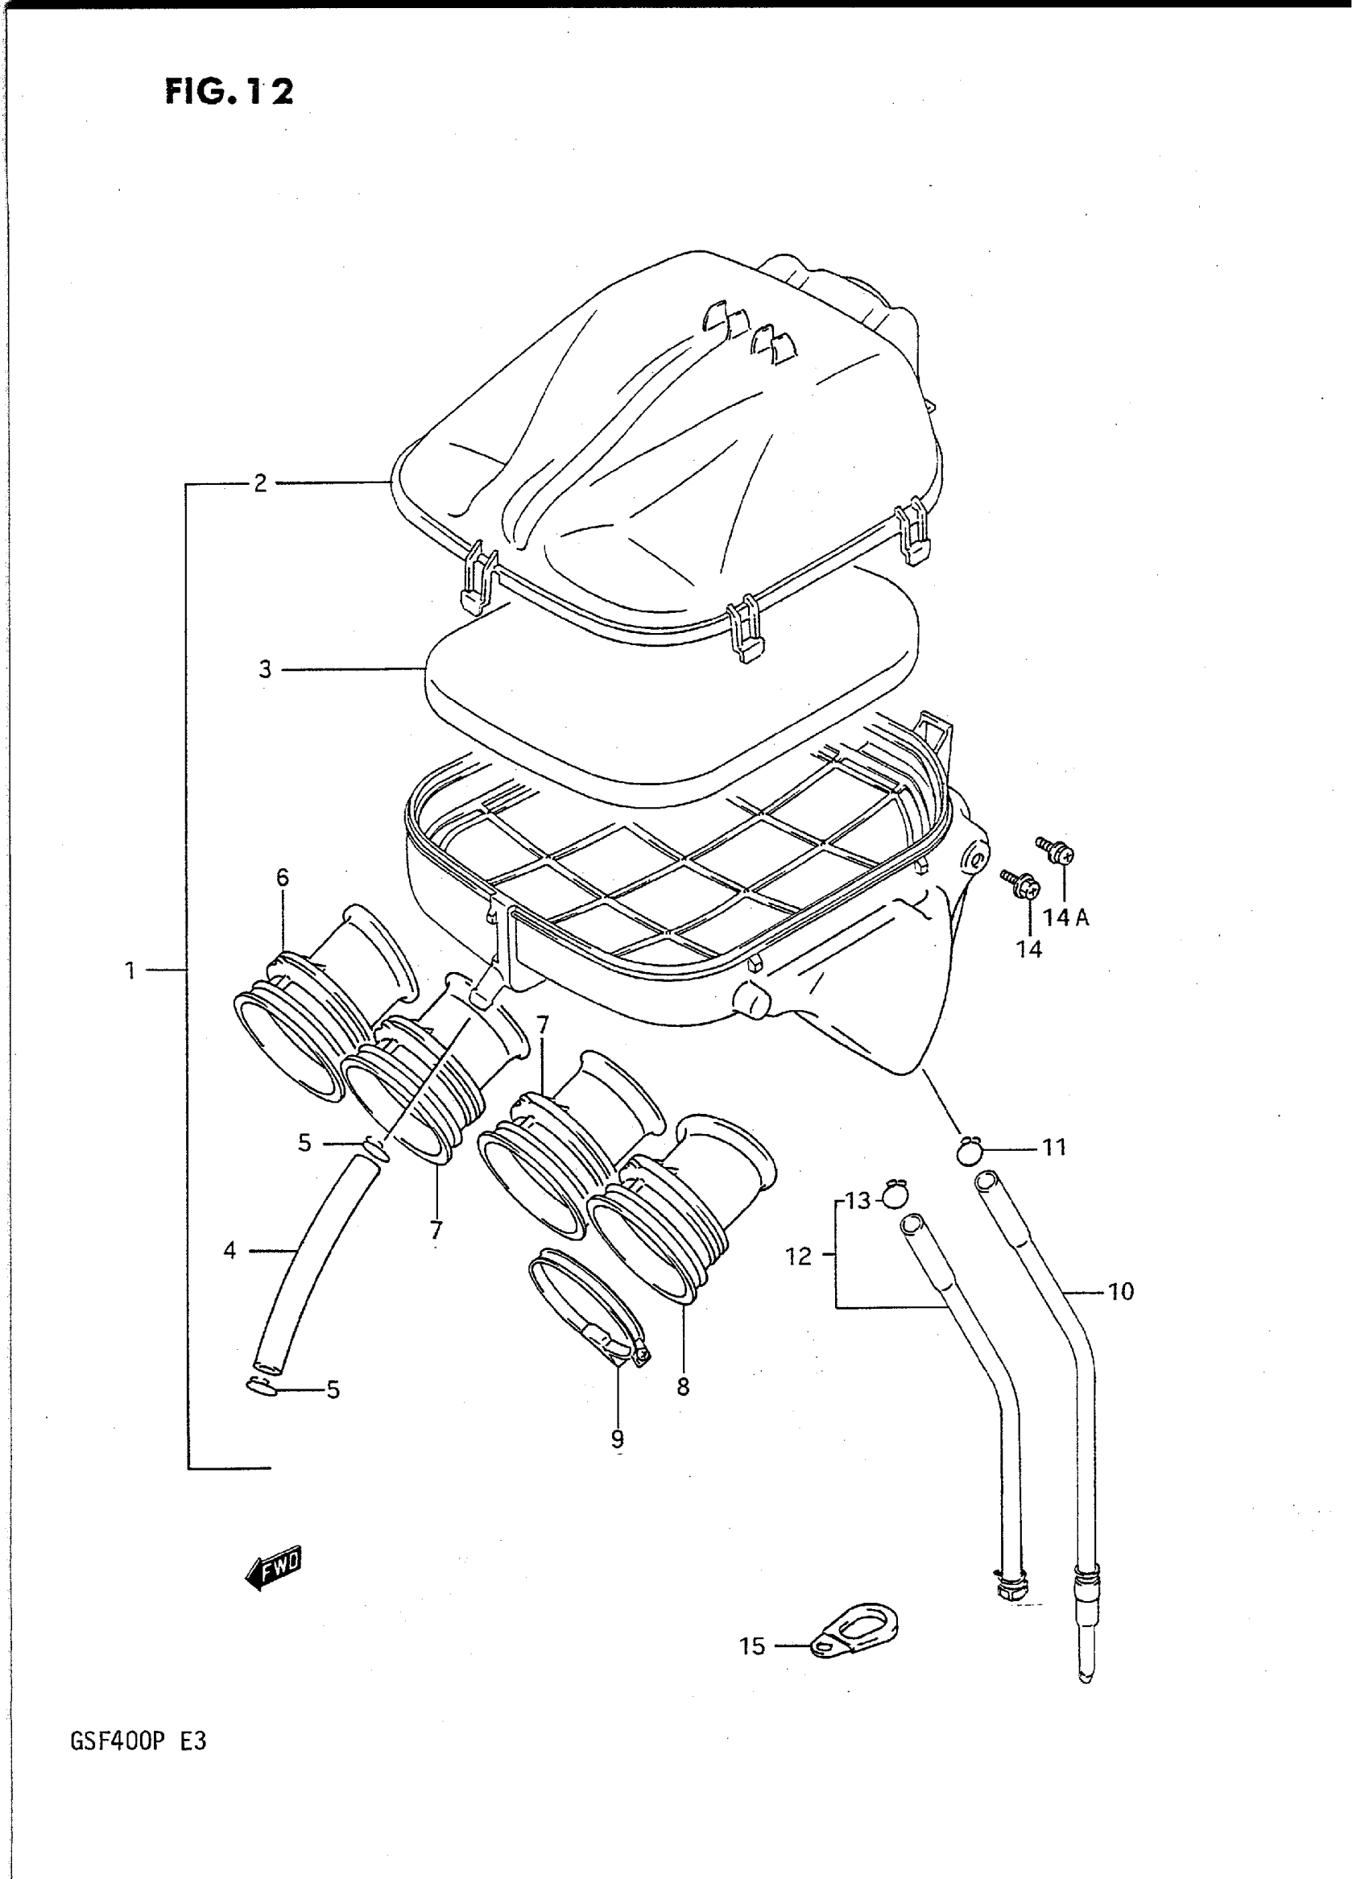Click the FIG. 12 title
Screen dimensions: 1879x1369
pos(229,91)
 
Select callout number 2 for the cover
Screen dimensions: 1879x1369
pos(260,483)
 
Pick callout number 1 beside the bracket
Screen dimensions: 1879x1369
pos(130,970)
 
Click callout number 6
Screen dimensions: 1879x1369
pos(283,878)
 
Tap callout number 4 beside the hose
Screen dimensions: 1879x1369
pos(230,1250)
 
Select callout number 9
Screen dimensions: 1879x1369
pos(618,1441)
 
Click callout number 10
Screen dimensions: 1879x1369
pos(1120,1291)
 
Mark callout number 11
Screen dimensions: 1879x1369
pos(1053,1148)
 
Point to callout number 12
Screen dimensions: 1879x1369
pos(799,1257)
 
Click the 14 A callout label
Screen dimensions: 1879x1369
pos(1065,917)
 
